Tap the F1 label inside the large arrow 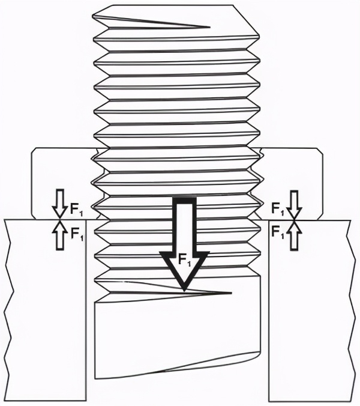(185, 259)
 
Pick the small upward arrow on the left (60, 235)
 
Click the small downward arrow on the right (294, 205)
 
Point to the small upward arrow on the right (294, 235)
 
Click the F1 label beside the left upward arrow (77, 234)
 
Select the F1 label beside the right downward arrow (278, 209)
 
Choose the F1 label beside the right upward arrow (278, 231)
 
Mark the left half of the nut (65, 181)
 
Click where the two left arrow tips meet (60, 220)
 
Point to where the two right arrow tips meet (294, 220)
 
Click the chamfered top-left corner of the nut (34, 151)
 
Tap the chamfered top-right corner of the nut (320, 151)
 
